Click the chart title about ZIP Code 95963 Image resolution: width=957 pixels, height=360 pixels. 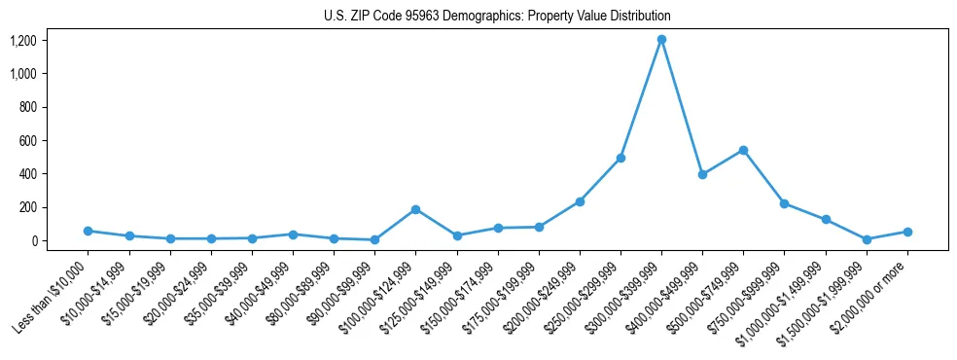497,17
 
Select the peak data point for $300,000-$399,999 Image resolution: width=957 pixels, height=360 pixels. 661,40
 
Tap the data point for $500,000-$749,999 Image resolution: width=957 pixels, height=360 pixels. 743,150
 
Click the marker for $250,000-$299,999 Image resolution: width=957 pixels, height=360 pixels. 620,158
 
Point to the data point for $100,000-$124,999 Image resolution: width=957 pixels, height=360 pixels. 415,209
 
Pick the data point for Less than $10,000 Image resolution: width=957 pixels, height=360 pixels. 88,231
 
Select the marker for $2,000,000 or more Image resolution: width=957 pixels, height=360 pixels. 907,232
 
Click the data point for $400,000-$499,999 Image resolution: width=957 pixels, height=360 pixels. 702,175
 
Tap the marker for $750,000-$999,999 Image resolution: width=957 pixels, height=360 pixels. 784,203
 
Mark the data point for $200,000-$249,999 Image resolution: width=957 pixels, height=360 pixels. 580,201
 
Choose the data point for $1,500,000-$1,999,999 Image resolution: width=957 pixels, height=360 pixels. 867,239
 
